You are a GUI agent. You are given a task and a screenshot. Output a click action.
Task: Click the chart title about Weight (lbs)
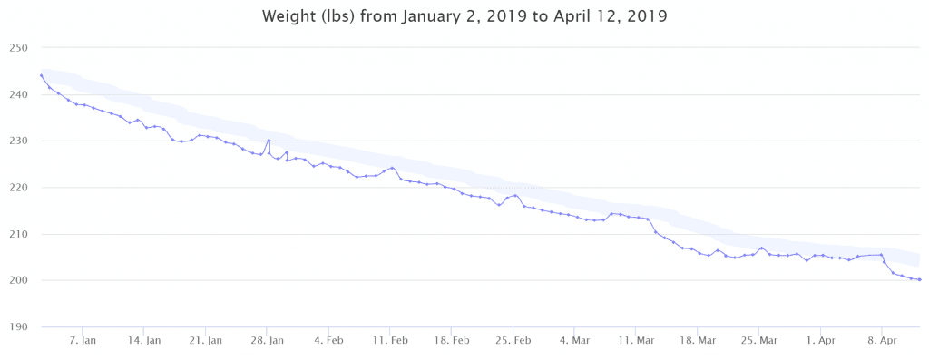coord(464,16)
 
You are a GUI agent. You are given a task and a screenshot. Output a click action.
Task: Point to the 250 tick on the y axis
coord(19,48)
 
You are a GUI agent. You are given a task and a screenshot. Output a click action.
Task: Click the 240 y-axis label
coord(19,94)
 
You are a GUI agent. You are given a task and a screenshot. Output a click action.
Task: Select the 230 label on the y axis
coord(19,141)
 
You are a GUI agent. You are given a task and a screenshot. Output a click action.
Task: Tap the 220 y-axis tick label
coord(19,188)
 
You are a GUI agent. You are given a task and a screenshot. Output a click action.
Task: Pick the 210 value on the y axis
coord(19,234)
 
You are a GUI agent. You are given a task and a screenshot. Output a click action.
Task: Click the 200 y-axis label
coord(19,280)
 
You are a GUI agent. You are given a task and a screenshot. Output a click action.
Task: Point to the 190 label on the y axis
coord(19,326)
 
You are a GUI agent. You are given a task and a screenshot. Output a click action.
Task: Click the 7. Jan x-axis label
coord(83,341)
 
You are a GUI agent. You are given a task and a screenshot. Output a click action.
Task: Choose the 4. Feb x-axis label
coord(328,341)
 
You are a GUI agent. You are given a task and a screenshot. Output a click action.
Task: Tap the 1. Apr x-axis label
coord(820,341)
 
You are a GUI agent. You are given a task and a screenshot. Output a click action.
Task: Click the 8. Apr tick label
coord(882,341)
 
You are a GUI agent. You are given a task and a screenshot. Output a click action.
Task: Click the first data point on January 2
coord(41,75)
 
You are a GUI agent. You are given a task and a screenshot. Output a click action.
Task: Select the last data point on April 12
coord(920,279)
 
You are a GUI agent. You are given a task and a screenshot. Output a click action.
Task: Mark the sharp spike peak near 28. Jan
coord(269,140)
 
